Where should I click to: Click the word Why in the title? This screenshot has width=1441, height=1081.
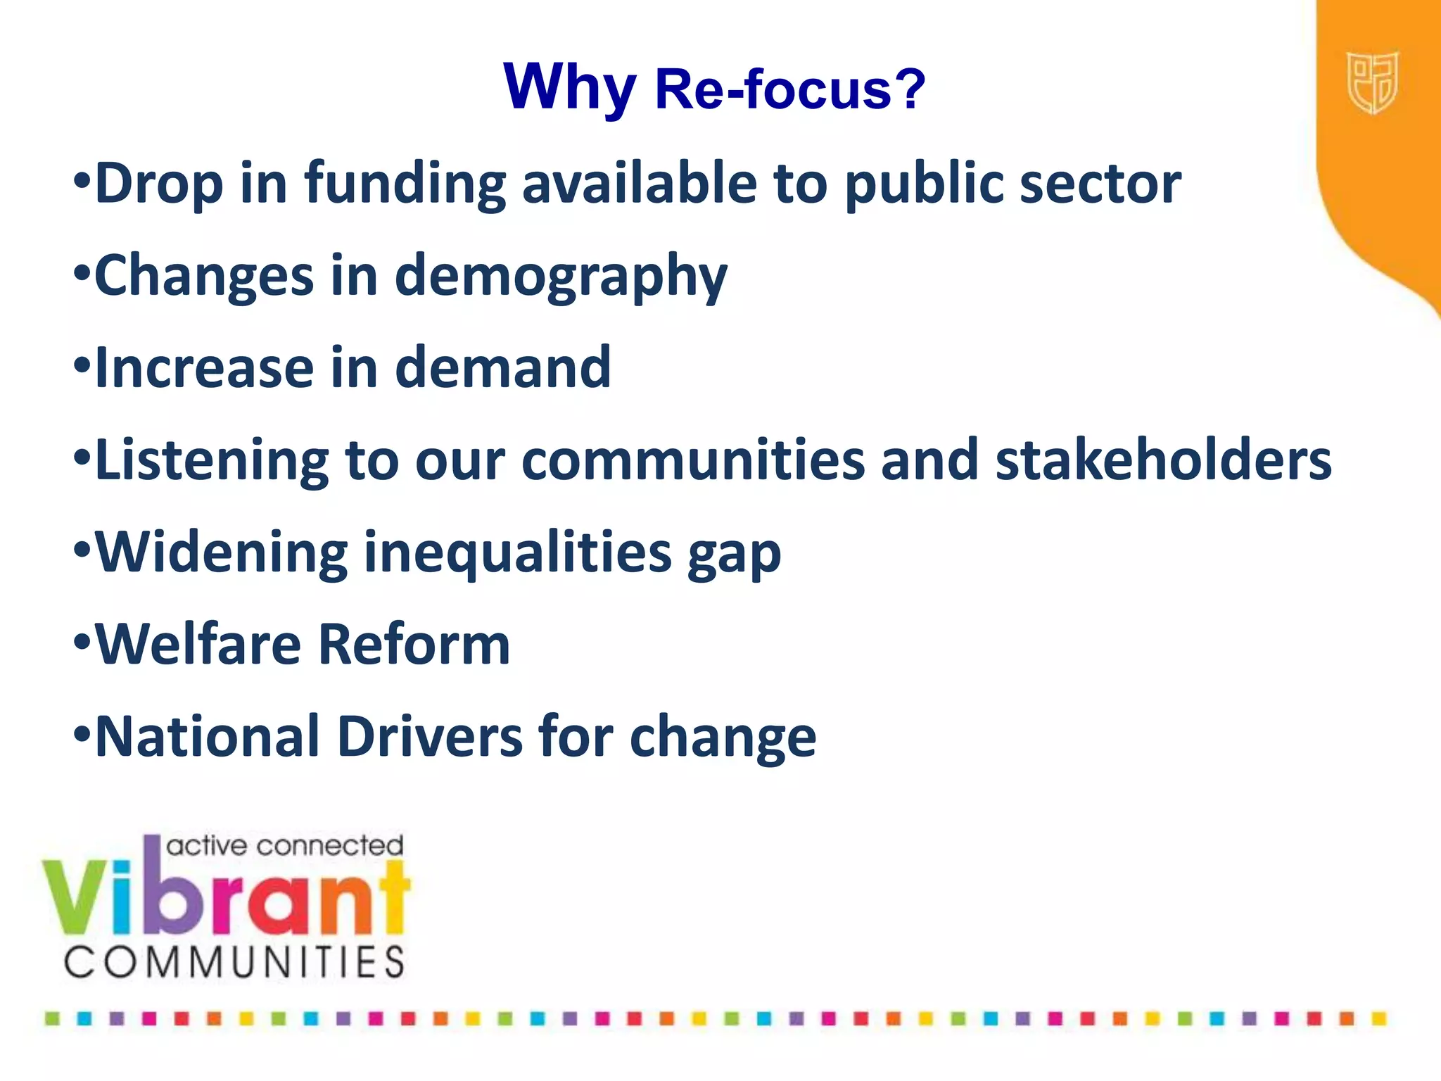coord(569,88)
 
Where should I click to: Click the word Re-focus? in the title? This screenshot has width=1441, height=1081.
coord(789,89)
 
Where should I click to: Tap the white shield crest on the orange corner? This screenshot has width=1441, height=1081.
coord(1371,82)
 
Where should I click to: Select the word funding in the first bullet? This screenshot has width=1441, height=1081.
coord(405,184)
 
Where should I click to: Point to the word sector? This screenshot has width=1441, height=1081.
coord(1100,184)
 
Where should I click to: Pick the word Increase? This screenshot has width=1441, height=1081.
coord(204,367)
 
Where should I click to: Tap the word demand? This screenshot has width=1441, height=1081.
coord(502,367)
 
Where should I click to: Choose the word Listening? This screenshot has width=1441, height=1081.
coord(211,460)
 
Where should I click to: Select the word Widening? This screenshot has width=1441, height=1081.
coord(221,552)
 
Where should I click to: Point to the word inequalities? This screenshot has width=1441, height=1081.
coord(517,554)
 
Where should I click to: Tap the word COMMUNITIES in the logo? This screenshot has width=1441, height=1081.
coord(234,962)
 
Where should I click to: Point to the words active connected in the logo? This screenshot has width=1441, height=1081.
coord(284,846)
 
